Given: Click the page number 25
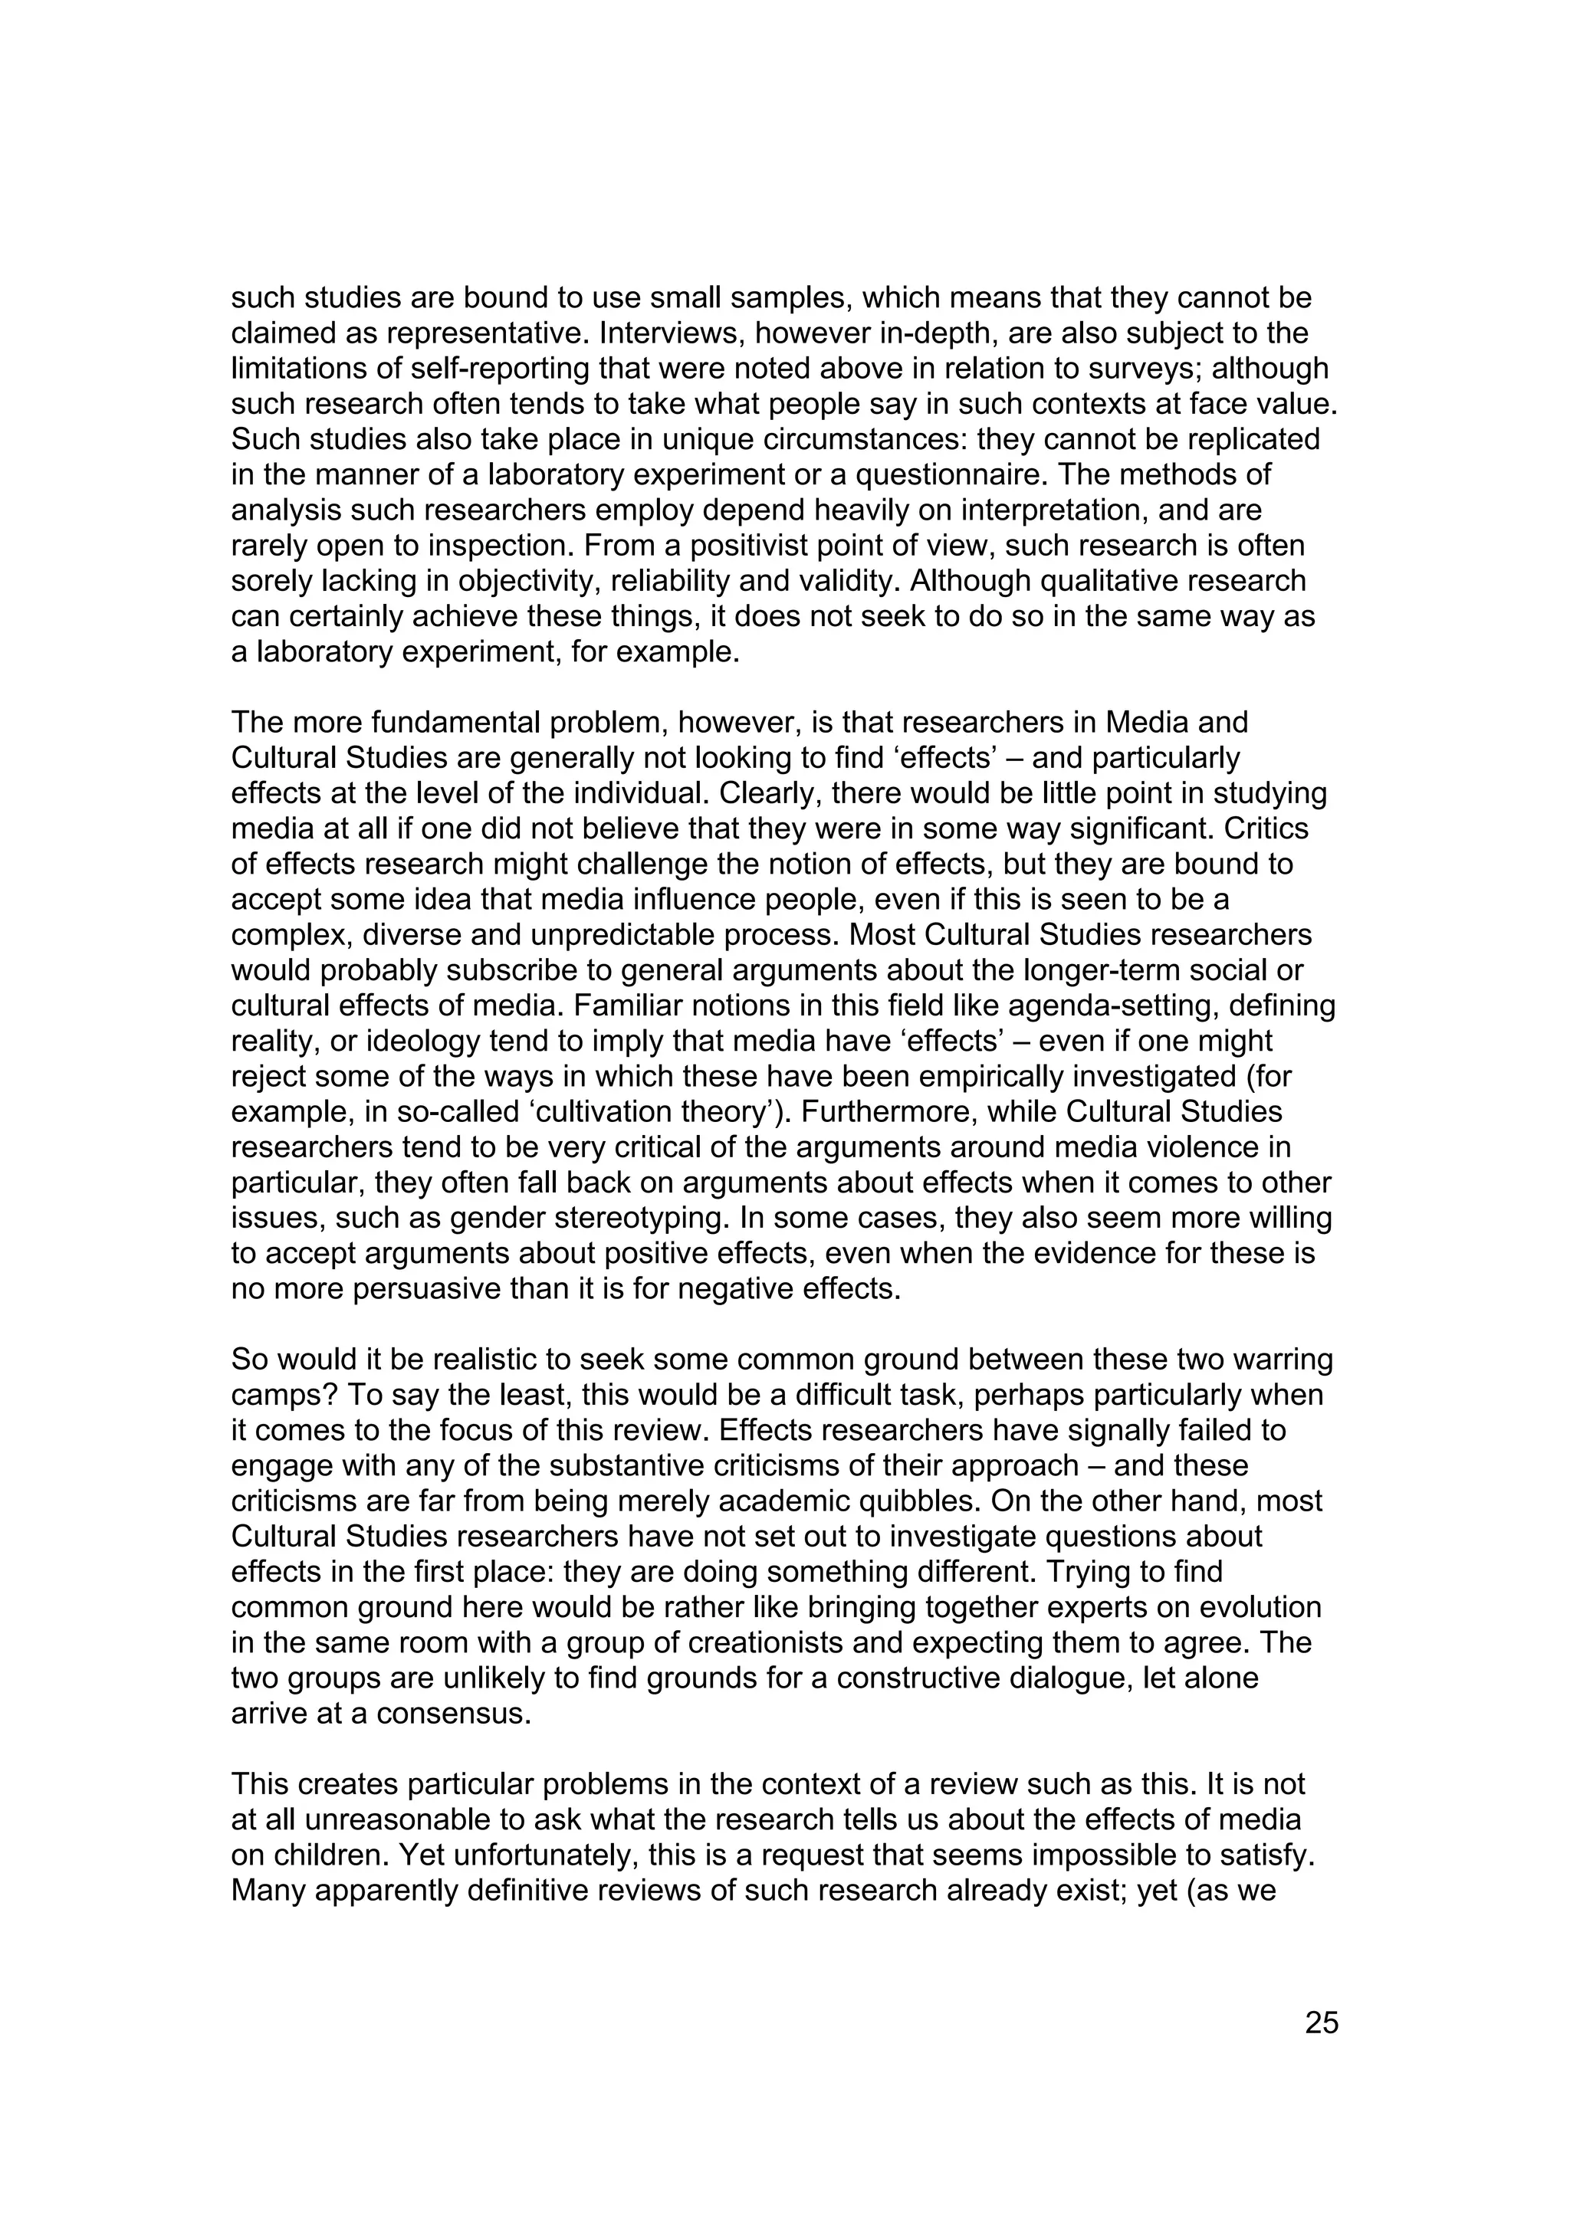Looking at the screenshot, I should [1322, 2023].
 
